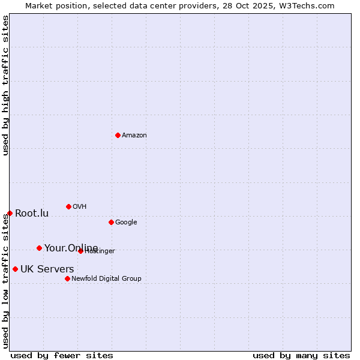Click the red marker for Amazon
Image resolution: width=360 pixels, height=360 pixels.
tap(118, 135)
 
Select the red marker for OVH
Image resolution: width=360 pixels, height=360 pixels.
tap(68, 206)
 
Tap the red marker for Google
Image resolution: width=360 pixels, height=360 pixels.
tap(111, 222)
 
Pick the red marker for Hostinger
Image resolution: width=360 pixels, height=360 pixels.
tap(80, 251)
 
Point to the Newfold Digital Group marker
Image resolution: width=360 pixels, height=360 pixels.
tap(67, 278)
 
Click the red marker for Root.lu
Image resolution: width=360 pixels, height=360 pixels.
tap(10, 213)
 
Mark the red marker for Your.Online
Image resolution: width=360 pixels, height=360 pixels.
tap(39, 248)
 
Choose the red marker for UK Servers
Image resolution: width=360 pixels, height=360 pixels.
tap(15, 269)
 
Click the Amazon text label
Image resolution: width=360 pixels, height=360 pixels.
tap(134, 136)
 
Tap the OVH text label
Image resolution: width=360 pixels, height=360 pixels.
tap(80, 207)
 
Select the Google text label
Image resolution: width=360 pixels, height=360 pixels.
tap(126, 223)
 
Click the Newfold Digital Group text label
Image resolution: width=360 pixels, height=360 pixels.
tap(106, 278)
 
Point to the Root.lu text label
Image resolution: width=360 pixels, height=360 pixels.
tap(32, 214)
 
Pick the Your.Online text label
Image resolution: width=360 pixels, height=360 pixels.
tap(71, 248)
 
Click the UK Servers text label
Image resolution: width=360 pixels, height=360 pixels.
tap(47, 269)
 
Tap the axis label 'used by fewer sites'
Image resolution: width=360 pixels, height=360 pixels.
tap(62, 355)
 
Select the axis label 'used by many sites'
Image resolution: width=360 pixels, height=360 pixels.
tap(301, 355)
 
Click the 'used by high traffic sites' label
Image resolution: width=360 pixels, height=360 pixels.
tap(5, 85)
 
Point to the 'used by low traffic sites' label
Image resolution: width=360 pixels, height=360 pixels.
tap(5, 281)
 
